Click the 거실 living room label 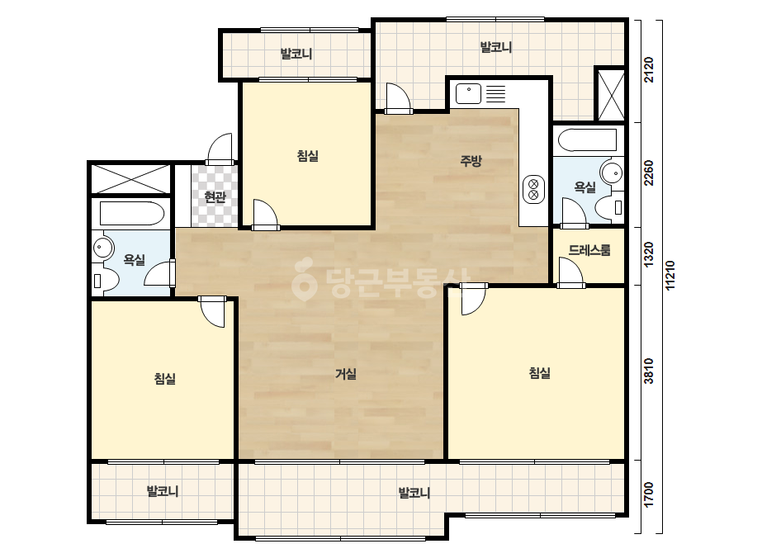pos(346,373)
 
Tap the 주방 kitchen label pos(471,160)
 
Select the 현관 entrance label pos(215,196)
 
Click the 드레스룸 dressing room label pos(589,250)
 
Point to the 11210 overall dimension pos(670,276)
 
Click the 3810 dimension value pos(649,371)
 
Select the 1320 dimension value pos(649,254)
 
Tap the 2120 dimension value pos(649,70)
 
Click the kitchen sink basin pos(468,93)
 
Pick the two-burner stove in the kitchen pos(533,189)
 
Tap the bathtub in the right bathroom pos(587,140)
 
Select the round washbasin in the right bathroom pos(612,173)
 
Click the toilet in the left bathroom pos(105,280)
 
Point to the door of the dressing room pos(570,272)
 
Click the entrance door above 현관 pos(220,149)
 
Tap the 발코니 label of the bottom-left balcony pos(163,491)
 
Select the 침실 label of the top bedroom pos(308,156)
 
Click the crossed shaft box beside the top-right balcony pos(611,95)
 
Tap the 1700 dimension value pos(649,494)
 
